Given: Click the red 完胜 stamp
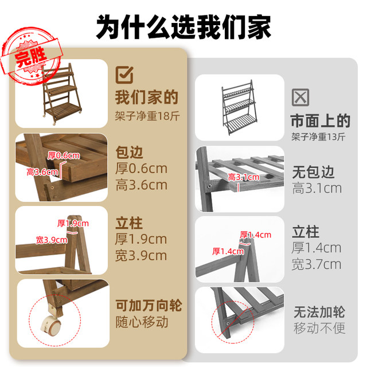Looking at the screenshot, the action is click(x=32, y=56).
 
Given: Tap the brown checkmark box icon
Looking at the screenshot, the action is click(x=124, y=75).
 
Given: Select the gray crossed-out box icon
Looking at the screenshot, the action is click(x=300, y=97).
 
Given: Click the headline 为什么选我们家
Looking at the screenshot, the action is click(x=183, y=27).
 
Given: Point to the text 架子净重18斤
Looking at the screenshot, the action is click(x=147, y=116).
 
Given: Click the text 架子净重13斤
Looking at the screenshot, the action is click(x=319, y=136).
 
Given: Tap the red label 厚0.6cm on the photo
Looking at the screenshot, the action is click(x=64, y=155).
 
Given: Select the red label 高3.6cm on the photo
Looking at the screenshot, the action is click(x=42, y=172).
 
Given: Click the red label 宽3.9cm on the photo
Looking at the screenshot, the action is click(x=52, y=240).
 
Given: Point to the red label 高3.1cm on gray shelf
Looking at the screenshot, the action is click(x=244, y=177).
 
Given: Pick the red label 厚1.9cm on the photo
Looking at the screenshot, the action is click(x=73, y=223).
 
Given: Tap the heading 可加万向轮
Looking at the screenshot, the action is click(x=149, y=306).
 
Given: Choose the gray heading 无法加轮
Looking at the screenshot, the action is click(x=319, y=312).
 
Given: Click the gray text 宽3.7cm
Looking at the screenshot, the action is click(x=317, y=264).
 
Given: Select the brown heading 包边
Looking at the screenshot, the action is click(x=129, y=153).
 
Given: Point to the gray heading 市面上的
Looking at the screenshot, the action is click(x=321, y=121).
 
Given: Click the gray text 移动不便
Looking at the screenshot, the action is click(x=319, y=328).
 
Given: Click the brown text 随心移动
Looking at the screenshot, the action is click(x=142, y=322).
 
